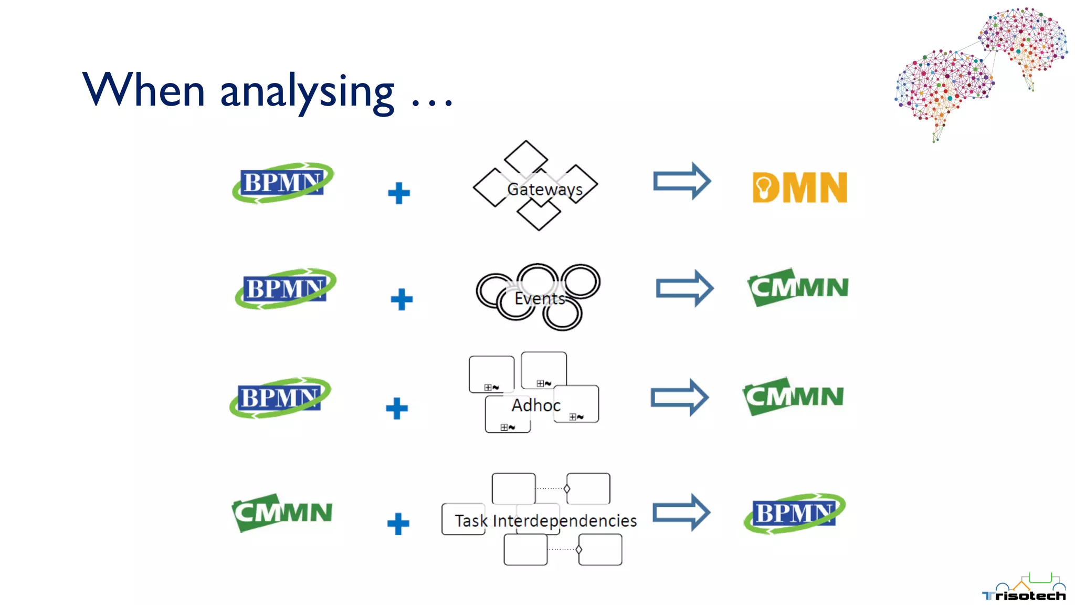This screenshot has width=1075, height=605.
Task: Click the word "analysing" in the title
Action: (x=307, y=91)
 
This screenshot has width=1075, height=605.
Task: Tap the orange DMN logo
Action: (x=799, y=187)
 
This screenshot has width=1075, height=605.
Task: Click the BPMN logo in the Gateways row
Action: (x=282, y=183)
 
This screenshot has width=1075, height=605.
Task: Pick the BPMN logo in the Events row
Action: (x=285, y=289)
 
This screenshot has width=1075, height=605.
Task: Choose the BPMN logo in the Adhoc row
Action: (x=280, y=398)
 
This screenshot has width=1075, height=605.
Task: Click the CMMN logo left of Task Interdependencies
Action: (x=282, y=512)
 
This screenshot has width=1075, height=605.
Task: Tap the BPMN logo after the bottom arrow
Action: (x=794, y=513)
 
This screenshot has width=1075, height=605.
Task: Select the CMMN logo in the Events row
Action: (x=798, y=287)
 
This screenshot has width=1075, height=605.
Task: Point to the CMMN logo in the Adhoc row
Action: (x=793, y=396)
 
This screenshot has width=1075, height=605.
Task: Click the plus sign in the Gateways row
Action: (x=399, y=193)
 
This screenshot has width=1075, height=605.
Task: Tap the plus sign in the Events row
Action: (x=402, y=299)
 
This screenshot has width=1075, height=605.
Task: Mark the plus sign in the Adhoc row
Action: (x=397, y=409)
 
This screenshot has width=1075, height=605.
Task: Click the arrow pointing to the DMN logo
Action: (x=682, y=181)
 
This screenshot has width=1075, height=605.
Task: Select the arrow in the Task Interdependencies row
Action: (x=681, y=512)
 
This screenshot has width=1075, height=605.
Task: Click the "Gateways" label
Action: (x=545, y=189)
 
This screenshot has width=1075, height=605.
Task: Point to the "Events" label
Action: (x=540, y=298)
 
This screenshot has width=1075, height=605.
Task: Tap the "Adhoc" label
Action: (x=536, y=405)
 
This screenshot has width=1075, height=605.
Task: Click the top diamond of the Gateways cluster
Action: (x=526, y=158)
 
